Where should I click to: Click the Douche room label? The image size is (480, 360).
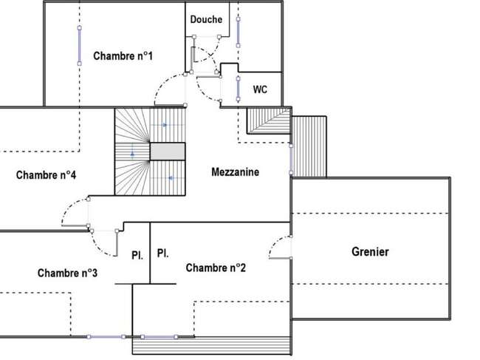coord(206,20)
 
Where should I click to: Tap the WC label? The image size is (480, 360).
coord(260,89)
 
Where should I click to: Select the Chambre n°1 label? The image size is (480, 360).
coord(123,56)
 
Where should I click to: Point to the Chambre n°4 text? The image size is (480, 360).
coord(46,175)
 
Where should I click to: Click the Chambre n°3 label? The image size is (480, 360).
coord(67,273)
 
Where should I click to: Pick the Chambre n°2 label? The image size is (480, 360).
coord(216,268)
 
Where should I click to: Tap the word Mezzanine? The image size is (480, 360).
coord(235,172)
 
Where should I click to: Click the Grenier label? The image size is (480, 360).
coord(370,252)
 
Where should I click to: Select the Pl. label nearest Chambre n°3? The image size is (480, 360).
coord(137,255)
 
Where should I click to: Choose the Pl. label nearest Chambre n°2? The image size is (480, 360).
coord(162,254)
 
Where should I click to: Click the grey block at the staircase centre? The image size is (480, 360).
coord(168,152)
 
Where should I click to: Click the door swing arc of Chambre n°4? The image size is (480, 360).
coord(68,206)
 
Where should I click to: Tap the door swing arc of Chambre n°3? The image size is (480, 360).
coord(97,248)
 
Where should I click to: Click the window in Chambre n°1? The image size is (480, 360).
coord(80,46)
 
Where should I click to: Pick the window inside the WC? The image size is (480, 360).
coord(239,89)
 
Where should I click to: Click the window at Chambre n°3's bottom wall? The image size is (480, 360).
coord(106,337)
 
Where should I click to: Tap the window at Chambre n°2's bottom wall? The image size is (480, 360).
coord(160,337)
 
